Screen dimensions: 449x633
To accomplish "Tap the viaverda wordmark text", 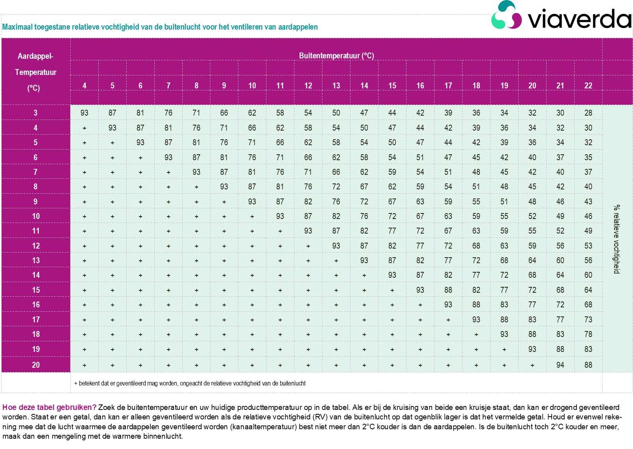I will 579,19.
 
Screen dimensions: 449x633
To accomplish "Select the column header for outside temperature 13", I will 336,86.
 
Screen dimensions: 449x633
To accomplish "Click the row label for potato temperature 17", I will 36,320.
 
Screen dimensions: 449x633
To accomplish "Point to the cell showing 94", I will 560,365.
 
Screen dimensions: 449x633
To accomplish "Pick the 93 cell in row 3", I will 84,113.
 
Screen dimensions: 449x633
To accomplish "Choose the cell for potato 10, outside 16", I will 420,216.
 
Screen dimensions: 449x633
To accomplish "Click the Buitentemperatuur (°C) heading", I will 336,56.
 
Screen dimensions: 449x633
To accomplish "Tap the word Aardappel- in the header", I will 36,56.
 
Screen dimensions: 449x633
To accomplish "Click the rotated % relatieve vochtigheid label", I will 616,239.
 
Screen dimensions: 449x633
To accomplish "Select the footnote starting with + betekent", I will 190,383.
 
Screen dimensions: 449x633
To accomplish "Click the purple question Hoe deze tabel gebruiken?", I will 49,408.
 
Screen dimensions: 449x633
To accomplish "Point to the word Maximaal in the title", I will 17,27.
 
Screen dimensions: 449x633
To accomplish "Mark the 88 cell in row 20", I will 588,365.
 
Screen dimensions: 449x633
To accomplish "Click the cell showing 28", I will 588,113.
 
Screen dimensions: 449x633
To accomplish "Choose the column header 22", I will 588,86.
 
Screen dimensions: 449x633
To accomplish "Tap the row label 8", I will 36,187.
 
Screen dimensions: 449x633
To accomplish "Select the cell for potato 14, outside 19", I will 504,275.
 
